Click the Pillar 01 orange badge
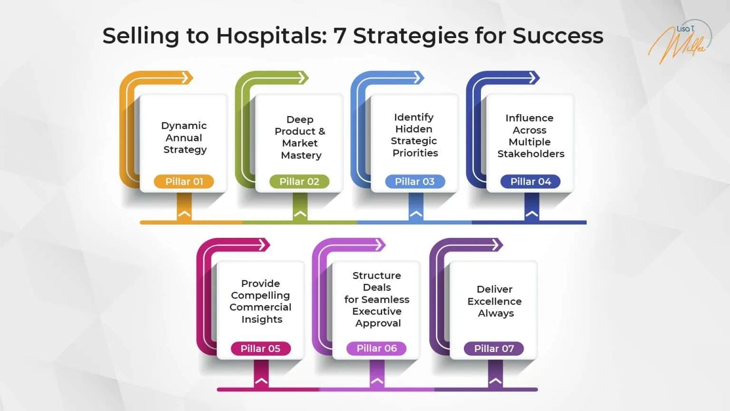coord(184,181)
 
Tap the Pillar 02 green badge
coord(299,181)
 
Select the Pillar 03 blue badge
coord(414,181)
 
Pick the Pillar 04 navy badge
coord(530,181)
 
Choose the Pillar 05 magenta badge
coord(260,348)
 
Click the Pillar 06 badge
coord(376,348)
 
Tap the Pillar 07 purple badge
coord(494,348)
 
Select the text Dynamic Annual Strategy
coord(184,137)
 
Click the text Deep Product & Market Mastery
coord(300,137)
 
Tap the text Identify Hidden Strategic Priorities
coord(414,135)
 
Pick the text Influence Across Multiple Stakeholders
coord(530,136)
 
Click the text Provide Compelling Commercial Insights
coord(260,301)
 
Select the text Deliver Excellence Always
coord(495,301)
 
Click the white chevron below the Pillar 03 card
coord(416,214)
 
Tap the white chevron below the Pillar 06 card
coord(377,381)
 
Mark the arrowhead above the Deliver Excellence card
coord(497,245)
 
